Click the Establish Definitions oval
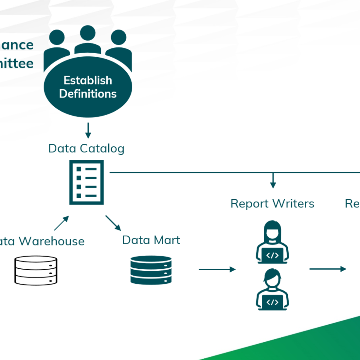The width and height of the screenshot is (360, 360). coord(88,87)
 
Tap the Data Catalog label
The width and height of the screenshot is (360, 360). coord(86,149)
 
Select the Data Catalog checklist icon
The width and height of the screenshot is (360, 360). coord(86,182)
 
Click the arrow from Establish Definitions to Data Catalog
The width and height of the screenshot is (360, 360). coord(88,131)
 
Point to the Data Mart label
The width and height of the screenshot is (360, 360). coord(151,240)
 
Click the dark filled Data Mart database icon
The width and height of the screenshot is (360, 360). coord(151,270)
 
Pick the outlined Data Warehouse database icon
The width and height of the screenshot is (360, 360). coord(36,270)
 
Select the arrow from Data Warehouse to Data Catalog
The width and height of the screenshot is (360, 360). coord(62,223)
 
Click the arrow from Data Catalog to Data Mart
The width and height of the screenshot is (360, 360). coord(113,223)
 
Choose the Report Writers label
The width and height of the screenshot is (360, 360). coord(272,204)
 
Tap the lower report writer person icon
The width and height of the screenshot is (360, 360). coord(272,289)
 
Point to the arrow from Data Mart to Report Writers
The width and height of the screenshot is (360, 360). coord(217,269)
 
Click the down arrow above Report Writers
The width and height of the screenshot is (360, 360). coord(273,181)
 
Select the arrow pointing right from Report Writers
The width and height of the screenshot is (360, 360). coord(328,269)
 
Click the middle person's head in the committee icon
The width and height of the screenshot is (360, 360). coord(88,33)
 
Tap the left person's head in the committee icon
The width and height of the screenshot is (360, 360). coord(57,37)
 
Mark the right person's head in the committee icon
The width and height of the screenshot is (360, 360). coord(118,37)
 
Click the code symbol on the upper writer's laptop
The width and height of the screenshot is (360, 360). coord(272,255)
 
